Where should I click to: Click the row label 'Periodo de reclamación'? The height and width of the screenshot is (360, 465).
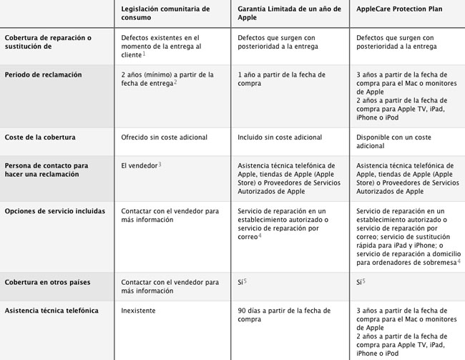coord(43,74)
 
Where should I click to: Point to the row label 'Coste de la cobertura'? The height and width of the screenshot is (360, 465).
coord(40,137)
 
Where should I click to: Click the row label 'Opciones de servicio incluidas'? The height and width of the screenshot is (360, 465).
coord(54,211)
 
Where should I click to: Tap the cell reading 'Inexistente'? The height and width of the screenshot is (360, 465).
coord(138,311)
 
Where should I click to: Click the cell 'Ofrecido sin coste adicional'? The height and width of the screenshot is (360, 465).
coord(165,137)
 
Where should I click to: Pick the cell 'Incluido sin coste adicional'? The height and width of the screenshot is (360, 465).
coord(280,137)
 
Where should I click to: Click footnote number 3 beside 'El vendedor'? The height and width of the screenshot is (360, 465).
coord(160,165)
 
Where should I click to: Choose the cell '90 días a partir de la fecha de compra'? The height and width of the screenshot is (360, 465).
coord(285,316)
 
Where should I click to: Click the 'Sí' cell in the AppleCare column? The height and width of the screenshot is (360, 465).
coord(359,283)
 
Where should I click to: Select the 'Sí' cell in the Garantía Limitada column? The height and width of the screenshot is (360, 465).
coord(242,283)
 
